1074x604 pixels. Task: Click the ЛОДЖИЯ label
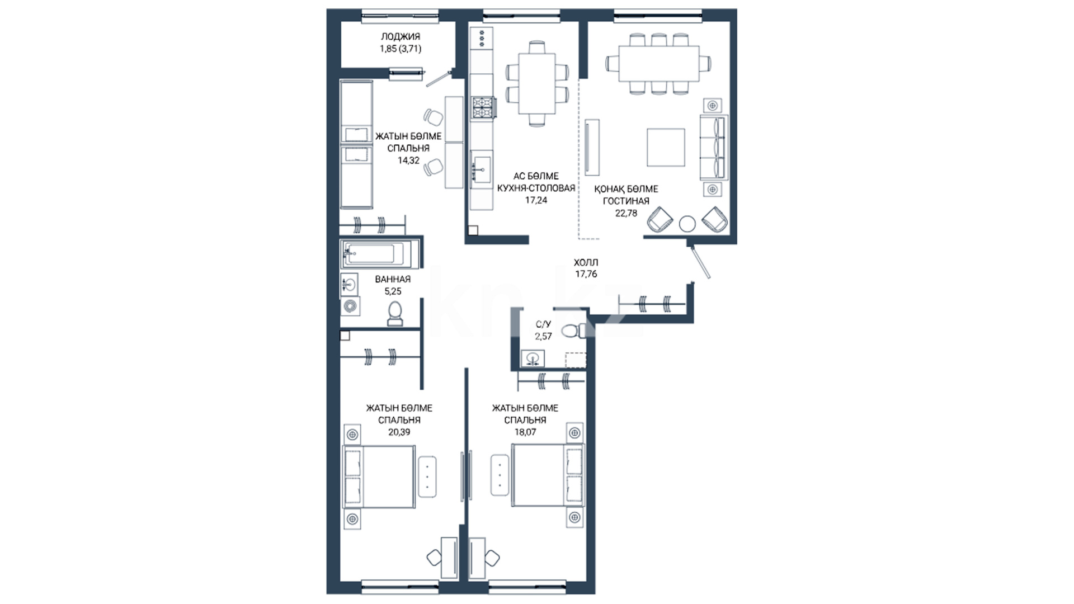click(x=401, y=36)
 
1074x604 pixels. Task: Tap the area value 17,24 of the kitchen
click(x=536, y=200)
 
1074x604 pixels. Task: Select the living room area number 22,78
click(x=626, y=213)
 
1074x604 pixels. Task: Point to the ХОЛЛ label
click(x=586, y=262)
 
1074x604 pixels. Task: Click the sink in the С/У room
click(x=533, y=358)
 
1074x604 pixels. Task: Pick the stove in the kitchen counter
click(x=483, y=107)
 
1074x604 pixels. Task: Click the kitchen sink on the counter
click(x=482, y=167)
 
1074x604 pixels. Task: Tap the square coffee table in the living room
click(x=666, y=147)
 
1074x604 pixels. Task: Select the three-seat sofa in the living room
click(x=714, y=147)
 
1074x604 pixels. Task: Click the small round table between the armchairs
click(x=687, y=224)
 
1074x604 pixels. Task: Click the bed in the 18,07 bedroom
click(x=548, y=475)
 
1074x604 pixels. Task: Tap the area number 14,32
click(x=408, y=161)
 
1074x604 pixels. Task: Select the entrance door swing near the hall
click(x=699, y=261)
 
